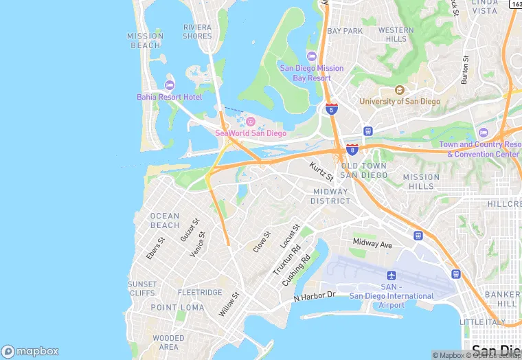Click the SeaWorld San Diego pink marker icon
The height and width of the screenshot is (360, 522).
point(251,122)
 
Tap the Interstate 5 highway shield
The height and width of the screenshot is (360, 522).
point(332,109)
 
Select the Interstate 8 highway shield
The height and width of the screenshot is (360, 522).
point(352,149)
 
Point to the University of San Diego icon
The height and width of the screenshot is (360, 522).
point(400,90)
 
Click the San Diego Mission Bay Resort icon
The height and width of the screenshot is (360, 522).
point(311,56)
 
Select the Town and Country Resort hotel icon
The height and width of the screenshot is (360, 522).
point(483,133)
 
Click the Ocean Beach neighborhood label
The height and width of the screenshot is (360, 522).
point(165,221)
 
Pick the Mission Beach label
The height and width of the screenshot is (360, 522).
point(146,41)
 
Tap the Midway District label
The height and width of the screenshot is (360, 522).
point(330,196)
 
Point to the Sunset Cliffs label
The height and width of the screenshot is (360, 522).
point(142,289)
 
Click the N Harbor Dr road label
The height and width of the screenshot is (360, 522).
point(313,296)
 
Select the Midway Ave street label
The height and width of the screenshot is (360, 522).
point(372,244)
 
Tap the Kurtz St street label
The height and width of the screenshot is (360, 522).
point(321,168)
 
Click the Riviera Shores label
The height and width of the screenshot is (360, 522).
point(197,32)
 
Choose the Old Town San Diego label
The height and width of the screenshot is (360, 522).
point(359,171)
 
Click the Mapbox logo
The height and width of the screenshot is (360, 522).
point(30,351)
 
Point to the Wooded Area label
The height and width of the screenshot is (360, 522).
point(168,342)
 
